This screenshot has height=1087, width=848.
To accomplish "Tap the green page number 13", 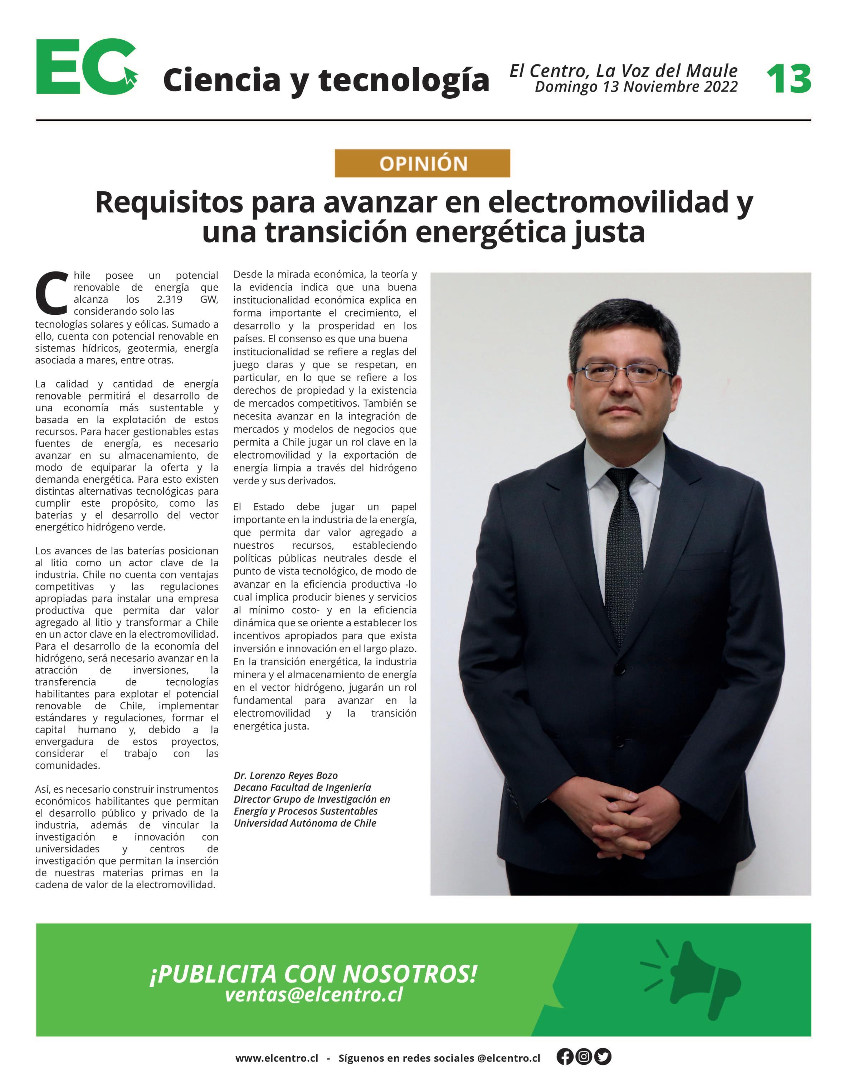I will pyautogui.click(x=788, y=79).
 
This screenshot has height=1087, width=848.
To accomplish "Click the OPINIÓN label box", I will pyautogui.click(x=422, y=163).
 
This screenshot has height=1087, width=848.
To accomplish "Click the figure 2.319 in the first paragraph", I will pyautogui.click(x=169, y=299).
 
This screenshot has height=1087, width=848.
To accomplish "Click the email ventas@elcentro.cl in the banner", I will pyautogui.click(x=314, y=994).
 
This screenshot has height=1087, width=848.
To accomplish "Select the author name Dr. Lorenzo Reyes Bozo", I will pyautogui.click(x=286, y=775).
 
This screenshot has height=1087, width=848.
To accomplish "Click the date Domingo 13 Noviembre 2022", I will pyautogui.click(x=636, y=87).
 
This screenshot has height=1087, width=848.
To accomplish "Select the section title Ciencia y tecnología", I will pyautogui.click(x=326, y=80).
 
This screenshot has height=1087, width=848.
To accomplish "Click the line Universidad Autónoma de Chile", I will pyautogui.click(x=305, y=823).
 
